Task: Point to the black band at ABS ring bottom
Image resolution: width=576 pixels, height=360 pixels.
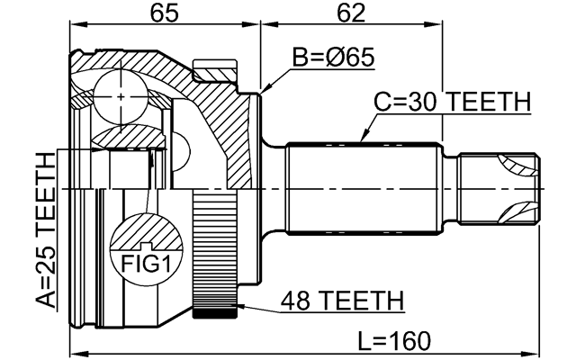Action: (x=212, y=314)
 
